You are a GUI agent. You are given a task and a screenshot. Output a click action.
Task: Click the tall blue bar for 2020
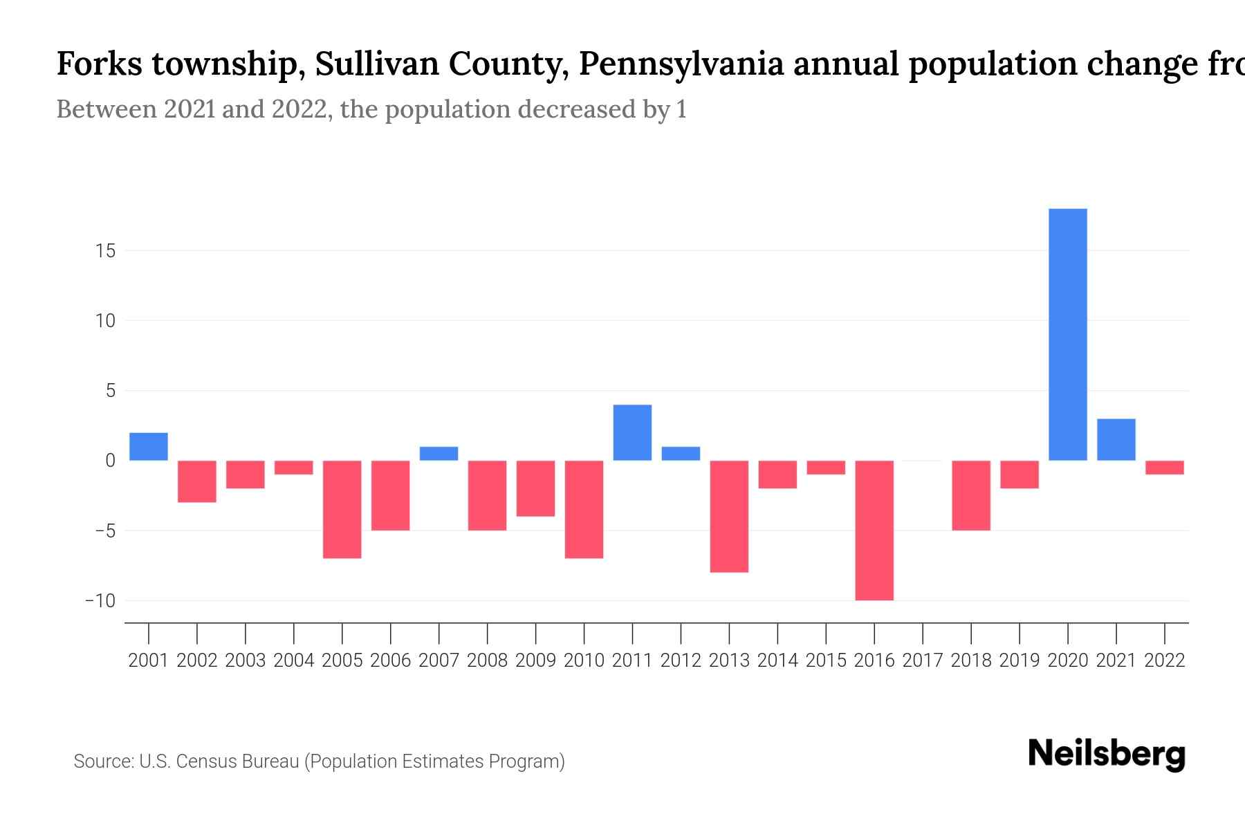click(x=1068, y=334)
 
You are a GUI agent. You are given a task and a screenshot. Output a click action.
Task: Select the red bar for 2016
click(x=874, y=530)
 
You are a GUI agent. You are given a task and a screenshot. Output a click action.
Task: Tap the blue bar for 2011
click(x=632, y=432)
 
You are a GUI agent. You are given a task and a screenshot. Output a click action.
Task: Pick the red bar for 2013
click(x=729, y=516)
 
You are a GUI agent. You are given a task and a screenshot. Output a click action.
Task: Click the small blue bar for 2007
click(x=439, y=454)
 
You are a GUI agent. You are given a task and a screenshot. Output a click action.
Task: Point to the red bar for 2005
click(x=342, y=509)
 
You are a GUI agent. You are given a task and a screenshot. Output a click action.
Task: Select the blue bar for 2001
click(x=149, y=446)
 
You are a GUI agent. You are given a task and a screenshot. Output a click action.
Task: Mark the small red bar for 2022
click(x=1165, y=468)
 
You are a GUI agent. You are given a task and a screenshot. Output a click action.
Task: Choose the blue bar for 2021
click(x=1116, y=439)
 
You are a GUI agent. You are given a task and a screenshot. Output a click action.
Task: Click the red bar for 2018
click(x=971, y=495)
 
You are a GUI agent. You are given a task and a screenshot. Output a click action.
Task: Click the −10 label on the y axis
click(x=100, y=600)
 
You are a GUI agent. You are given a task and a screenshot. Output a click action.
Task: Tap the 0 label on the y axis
click(x=110, y=461)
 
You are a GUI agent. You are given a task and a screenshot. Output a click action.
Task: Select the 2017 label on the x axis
click(x=923, y=661)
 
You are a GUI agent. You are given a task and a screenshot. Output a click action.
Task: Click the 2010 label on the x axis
click(x=584, y=661)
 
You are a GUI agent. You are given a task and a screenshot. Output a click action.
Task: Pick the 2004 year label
click(x=294, y=661)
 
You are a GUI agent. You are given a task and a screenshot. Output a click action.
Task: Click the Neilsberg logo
click(x=1107, y=754)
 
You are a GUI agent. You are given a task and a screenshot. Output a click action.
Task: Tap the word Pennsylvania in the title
click(x=681, y=64)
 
